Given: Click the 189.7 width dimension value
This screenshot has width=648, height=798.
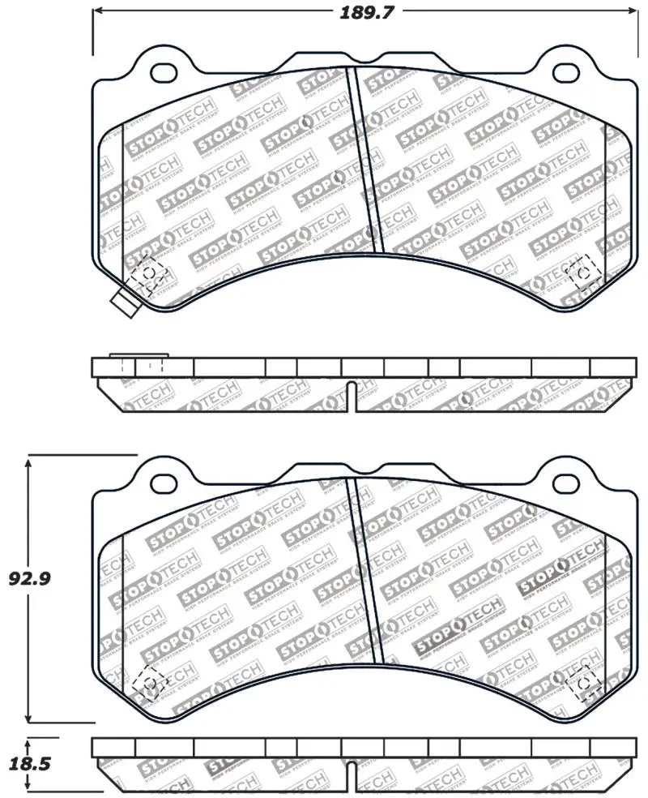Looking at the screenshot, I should click(363, 11).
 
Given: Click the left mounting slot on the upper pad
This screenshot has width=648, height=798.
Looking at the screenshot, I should click(165, 71).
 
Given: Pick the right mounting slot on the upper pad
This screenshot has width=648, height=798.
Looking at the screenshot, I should click(562, 71).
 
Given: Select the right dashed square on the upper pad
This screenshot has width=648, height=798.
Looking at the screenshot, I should click(582, 274).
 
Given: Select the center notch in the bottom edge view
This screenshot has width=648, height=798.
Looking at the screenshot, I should click(350, 776).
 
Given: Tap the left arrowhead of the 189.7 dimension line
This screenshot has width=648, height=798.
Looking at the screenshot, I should click(97, 11).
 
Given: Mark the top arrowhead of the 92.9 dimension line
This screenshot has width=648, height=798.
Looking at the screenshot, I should click(29, 461).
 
